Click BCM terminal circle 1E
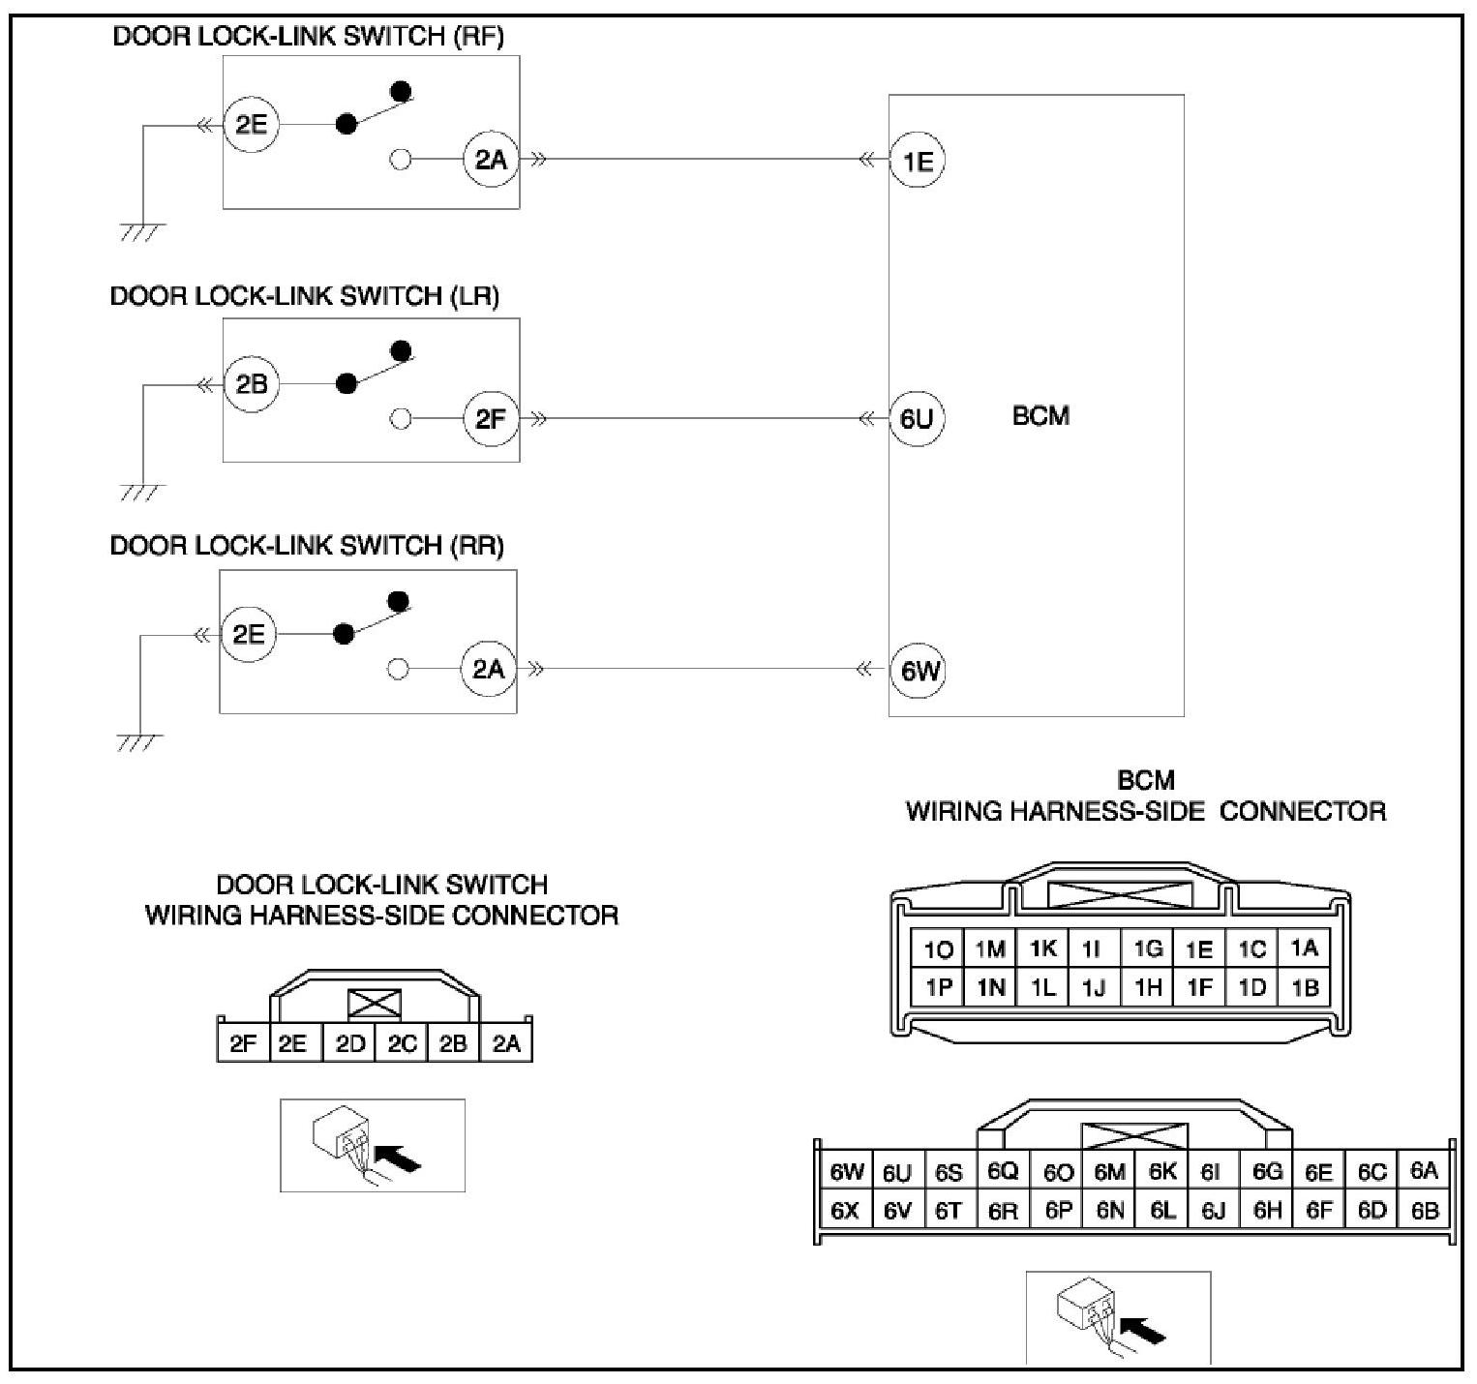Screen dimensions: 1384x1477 (917, 161)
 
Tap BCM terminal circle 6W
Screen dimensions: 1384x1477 (917, 671)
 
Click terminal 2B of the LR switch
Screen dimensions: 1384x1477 (251, 384)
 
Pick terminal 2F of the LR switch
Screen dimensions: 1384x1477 (491, 419)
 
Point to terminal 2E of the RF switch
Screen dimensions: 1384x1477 (251, 125)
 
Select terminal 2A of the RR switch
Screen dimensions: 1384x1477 (488, 669)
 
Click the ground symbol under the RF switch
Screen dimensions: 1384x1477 (142, 231)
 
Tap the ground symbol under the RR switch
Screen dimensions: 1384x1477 (139, 743)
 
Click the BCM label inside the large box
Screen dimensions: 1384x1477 (1040, 416)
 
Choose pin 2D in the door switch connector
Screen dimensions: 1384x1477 (349, 1044)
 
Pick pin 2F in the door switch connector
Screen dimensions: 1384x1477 (243, 1044)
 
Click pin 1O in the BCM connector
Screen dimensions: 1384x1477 (938, 950)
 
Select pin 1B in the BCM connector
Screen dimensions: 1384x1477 (1304, 988)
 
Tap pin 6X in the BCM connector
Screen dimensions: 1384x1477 (845, 1211)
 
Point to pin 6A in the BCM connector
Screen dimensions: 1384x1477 (1424, 1171)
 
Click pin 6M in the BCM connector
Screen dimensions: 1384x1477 (1109, 1172)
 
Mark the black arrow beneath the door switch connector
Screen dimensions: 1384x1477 (399, 1156)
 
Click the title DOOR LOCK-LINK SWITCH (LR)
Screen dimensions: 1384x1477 (304, 296)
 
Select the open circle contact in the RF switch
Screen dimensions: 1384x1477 (401, 160)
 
